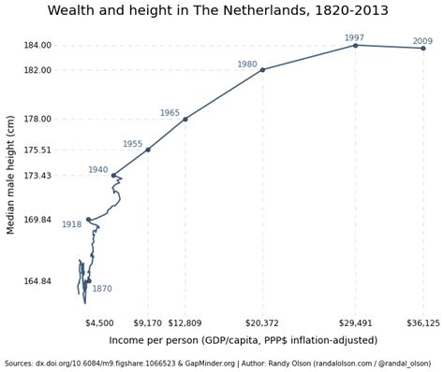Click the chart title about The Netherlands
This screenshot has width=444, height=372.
point(218,11)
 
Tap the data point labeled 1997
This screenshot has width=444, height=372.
point(355,45)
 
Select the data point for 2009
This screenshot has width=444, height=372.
point(422,48)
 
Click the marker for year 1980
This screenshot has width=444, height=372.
point(262,70)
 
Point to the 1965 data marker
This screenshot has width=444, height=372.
point(185,119)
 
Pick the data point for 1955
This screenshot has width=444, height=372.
point(148,150)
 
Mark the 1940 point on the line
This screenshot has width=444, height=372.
point(113,175)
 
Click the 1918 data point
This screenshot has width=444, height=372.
point(89,220)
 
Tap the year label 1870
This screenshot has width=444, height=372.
point(102,289)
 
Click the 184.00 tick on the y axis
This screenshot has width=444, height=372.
point(37,45)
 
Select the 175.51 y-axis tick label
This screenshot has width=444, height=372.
point(37,150)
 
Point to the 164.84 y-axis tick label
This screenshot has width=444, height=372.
point(37,281)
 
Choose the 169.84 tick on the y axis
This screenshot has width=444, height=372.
point(37,220)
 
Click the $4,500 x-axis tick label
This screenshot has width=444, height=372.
point(99,322)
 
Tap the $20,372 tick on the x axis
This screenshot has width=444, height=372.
point(262,322)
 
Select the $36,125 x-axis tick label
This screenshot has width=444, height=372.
point(422,322)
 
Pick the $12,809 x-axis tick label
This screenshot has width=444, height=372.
point(185,322)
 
